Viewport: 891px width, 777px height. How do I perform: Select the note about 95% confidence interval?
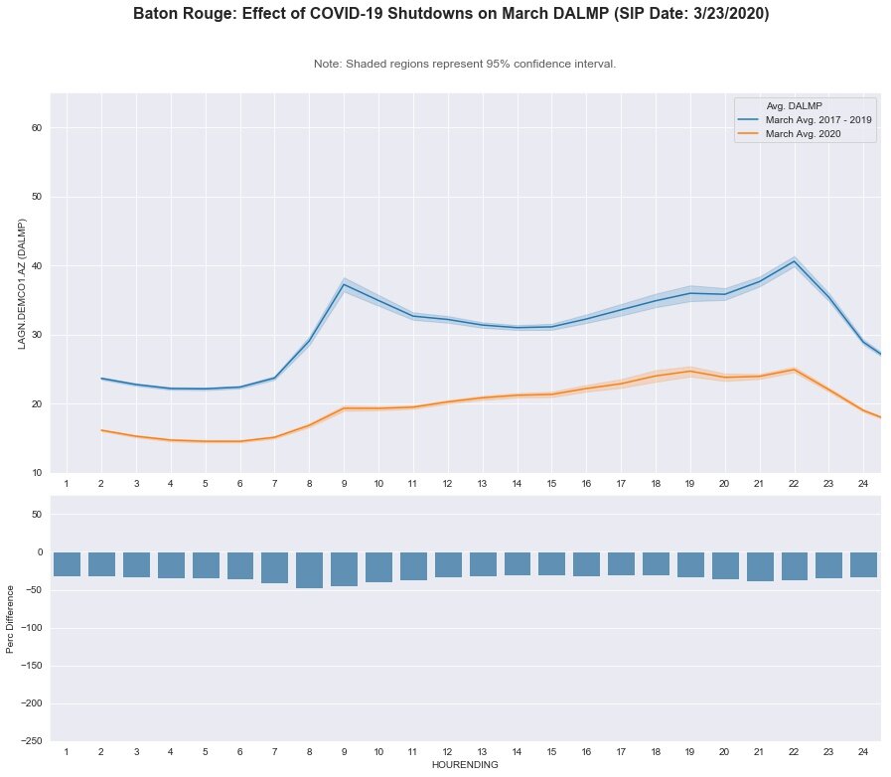point(465,64)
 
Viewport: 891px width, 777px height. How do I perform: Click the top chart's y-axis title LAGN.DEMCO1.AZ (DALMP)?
point(21,283)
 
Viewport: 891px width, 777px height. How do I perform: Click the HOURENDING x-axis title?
point(465,765)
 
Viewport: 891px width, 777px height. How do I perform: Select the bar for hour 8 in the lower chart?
point(309,570)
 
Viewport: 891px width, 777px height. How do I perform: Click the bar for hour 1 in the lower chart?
point(67,564)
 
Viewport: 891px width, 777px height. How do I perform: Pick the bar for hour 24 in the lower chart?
point(863,564)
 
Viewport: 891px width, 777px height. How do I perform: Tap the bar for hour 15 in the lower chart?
point(551,563)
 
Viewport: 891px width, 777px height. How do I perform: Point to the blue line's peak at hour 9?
point(344,284)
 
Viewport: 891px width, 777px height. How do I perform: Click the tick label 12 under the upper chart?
point(447,483)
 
